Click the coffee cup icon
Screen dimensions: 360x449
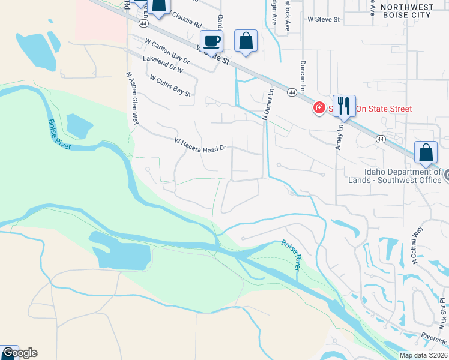211,41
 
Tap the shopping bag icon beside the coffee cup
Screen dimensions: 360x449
246,41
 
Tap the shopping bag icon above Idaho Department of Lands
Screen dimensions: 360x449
426,153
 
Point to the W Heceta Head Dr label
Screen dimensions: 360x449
200,145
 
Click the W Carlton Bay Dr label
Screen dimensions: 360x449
167,52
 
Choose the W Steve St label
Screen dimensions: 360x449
324,19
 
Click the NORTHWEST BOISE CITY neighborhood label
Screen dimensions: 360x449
406,10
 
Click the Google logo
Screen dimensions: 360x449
19,353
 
